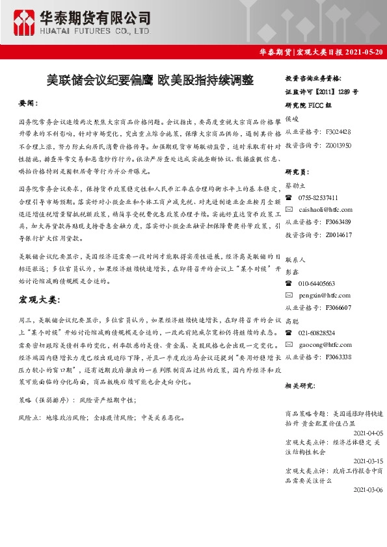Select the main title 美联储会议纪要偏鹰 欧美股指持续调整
[150, 80]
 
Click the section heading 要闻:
[29, 103]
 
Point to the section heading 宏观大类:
[39, 300]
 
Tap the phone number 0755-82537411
[318, 197]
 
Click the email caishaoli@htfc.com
[326, 210]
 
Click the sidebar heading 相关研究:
[300, 386]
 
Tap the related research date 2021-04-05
[367, 432]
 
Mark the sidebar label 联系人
[296, 259]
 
